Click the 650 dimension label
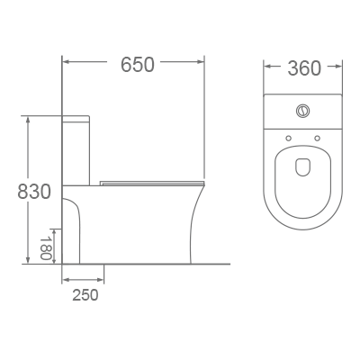(138, 65)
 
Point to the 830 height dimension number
(33, 193)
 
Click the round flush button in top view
(301, 112)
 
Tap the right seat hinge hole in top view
(318, 138)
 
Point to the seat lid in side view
(153, 183)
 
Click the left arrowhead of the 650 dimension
(66, 64)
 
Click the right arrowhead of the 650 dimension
(203, 64)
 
